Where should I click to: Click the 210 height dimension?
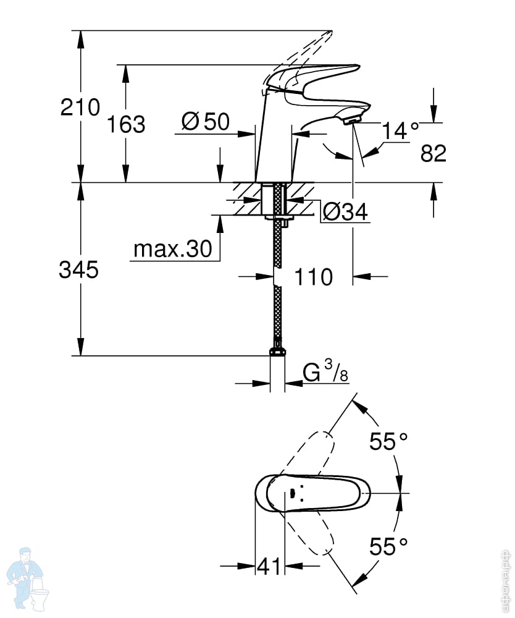[x=80, y=107]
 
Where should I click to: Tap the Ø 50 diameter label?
[x=206, y=121]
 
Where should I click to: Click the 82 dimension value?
[x=433, y=153]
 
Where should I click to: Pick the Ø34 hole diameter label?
[x=345, y=212]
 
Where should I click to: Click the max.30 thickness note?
[x=173, y=248]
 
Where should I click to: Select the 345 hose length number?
[x=79, y=270]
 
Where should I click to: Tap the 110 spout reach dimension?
[x=314, y=277]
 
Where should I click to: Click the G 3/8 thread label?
[x=325, y=373]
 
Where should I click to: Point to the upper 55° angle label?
[x=388, y=441]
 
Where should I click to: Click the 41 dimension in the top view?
[x=270, y=566]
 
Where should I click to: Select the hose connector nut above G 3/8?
[x=278, y=351]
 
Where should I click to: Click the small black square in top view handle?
[x=292, y=493]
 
